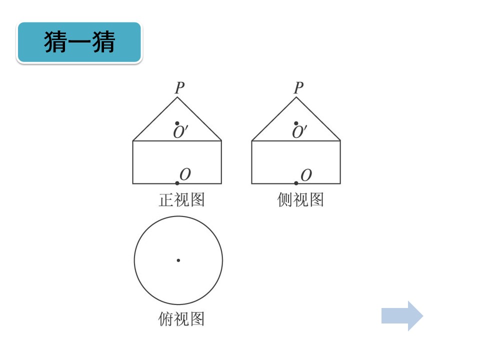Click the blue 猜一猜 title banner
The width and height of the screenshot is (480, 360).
(79, 42)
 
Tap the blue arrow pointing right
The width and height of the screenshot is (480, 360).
(402, 316)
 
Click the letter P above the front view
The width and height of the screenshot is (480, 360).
(179, 88)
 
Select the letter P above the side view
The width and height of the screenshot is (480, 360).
(298, 88)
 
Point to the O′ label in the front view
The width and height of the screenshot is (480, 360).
(180, 132)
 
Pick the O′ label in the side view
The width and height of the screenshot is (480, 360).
(299, 132)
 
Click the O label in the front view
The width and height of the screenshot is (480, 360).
(185, 174)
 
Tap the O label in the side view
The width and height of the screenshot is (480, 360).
(306, 175)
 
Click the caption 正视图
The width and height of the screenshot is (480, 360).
(181, 199)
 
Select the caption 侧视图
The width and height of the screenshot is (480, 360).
(300, 199)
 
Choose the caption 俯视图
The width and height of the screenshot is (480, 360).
(181, 319)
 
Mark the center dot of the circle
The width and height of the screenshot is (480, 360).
(178, 260)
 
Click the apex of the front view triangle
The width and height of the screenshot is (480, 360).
(177, 97)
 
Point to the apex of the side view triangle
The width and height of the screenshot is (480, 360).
(296, 97)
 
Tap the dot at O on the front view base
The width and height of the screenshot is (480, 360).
(177, 183)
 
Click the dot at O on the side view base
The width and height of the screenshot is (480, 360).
(296, 183)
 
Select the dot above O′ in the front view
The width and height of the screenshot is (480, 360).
(177, 123)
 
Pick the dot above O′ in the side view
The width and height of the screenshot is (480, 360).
(296, 123)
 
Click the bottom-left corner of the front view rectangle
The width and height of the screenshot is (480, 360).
(133, 183)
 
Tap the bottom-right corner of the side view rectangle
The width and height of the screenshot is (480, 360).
(340, 183)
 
